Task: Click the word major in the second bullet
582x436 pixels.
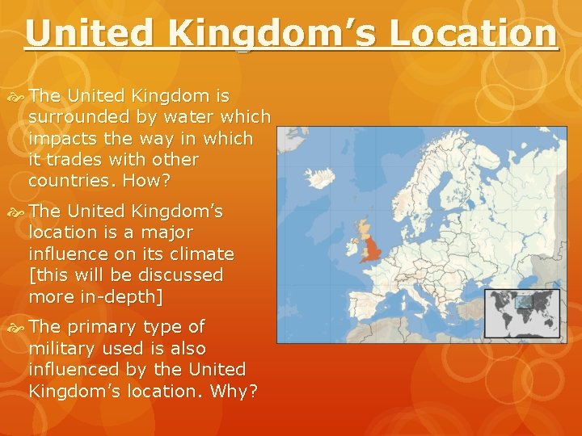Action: click(167, 233)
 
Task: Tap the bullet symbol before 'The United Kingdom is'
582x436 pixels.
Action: click(18, 96)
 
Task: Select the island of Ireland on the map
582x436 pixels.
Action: click(352, 244)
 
